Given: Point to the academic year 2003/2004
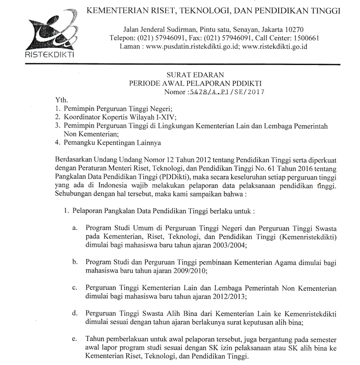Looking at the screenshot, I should tap(225, 245).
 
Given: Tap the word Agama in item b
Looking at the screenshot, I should tap(266, 262).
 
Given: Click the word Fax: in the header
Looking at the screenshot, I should tap(176, 38).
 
